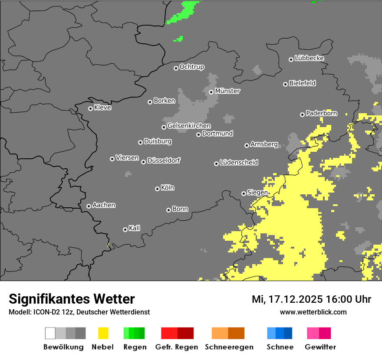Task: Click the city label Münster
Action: [227, 91]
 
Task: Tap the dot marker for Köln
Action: [157, 189]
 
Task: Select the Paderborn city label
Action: [322, 114]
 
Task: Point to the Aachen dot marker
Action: [89, 206]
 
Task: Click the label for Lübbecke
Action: [310, 58]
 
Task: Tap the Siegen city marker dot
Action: [244, 193]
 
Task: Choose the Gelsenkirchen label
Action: [189, 126]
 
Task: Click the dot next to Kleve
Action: [90, 108]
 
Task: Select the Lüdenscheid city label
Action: [239, 163]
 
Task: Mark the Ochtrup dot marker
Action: [176, 68]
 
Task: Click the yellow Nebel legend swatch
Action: [103, 333]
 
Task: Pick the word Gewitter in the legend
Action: [320, 347]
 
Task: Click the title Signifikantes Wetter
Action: [72, 299]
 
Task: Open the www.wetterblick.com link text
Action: [313, 312]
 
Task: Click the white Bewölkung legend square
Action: [50, 333]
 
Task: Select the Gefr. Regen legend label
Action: [177, 347]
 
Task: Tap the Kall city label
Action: [135, 228]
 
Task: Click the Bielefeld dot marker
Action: [285, 84]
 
